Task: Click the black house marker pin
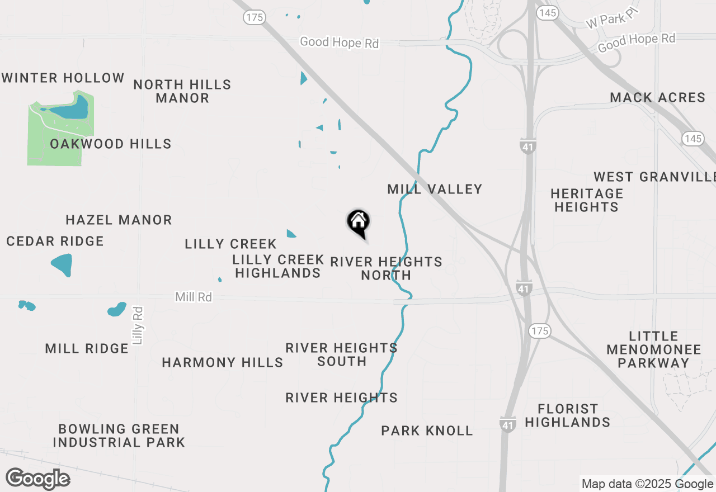[358, 223]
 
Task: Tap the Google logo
[37, 479]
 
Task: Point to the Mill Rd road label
[194, 297]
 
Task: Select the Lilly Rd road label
[138, 325]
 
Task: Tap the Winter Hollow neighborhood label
[63, 78]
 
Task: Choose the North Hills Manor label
[182, 91]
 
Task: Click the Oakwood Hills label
[110, 144]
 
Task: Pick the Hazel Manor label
[119, 220]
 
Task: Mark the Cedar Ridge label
[55, 241]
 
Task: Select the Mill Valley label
[435, 189]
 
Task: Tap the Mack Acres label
[657, 97]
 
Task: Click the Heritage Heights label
[587, 200]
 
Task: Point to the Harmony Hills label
[222, 362]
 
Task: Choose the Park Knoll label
[427, 430]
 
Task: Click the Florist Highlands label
[567, 415]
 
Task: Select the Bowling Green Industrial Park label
[119, 436]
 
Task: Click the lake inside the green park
[73, 108]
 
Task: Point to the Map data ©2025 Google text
[647, 484]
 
